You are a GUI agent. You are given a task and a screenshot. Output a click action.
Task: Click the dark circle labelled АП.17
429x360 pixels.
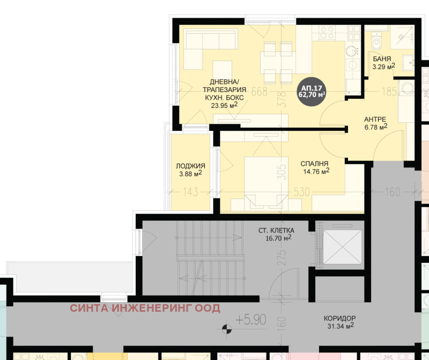[312, 92]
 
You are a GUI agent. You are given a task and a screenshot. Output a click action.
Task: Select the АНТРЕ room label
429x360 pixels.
[375, 119]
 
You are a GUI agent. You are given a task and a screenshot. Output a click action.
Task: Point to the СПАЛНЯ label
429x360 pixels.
[314, 164]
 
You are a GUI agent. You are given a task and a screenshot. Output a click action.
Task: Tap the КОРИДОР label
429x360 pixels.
[340, 318]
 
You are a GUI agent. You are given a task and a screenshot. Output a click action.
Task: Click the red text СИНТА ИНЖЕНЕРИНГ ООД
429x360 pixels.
[145, 308]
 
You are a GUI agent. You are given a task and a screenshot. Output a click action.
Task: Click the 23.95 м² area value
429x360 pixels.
[224, 106]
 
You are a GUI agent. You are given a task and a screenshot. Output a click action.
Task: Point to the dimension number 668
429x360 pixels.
[260, 92]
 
